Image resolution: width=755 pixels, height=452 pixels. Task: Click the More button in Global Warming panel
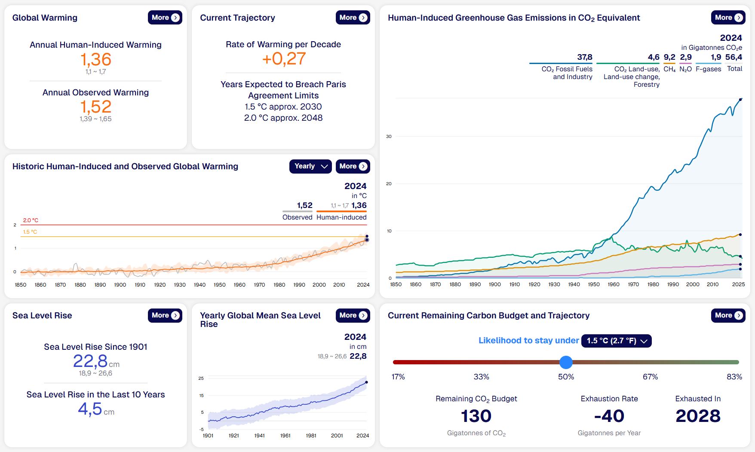[165, 18]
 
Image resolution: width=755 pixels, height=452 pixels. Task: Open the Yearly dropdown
[310, 166]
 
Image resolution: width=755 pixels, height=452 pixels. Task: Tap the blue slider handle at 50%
[566, 362]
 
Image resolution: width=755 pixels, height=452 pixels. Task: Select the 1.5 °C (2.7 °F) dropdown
[616, 341]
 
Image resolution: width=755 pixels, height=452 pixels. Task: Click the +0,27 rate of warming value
[284, 59]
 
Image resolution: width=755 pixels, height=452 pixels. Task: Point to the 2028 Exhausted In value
[698, 416]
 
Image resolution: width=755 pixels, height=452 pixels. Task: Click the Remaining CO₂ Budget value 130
[476, 416]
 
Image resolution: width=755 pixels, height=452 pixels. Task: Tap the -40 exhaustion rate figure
[609, 416]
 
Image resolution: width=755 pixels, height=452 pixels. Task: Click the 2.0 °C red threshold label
[31, 220]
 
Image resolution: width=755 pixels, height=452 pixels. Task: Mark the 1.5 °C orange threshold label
[30, 232]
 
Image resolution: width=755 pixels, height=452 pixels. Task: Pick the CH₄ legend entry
[669, 69]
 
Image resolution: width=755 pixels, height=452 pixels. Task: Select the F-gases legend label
[708, 69]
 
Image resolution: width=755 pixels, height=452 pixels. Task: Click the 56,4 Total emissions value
[734, 57]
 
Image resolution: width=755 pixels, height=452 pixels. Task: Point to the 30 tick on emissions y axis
[389, 137]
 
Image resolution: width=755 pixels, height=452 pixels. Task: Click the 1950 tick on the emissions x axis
[594, 284]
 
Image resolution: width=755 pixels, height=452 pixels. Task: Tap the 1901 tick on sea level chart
[208, 436]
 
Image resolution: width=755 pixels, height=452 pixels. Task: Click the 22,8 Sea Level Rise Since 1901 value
[90, 361]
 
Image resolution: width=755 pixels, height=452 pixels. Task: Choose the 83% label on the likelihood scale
[734, 377]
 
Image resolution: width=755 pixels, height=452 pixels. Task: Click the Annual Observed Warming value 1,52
[96, 107]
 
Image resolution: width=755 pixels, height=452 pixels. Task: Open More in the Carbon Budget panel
[728, 315]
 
